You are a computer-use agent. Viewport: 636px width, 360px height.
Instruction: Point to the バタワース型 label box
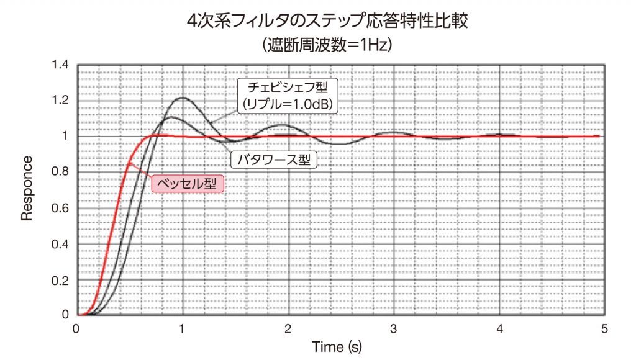tap(274, 160)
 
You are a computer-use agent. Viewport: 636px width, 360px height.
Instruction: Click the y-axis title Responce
tap(27, 189)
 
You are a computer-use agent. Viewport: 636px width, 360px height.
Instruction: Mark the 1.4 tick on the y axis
tap(60, 65)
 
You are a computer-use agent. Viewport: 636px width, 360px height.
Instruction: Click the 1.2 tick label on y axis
tap(60, 101)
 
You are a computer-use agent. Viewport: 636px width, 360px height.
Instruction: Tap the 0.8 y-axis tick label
tap(60, 172)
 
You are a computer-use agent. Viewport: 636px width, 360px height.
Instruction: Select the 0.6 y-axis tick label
tap(60, 208)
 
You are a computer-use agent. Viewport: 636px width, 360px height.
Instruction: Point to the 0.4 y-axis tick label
tap(60, 244)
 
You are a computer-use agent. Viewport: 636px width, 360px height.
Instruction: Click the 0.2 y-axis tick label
tap(60, 280)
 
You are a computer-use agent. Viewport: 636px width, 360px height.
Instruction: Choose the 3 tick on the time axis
tap(394, 328)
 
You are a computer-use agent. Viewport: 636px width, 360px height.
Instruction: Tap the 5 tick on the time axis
tap(605, 328)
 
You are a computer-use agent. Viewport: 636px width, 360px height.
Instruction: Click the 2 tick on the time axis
tap(288, 328)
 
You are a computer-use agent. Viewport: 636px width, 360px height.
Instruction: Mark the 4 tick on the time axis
tap(499, 328)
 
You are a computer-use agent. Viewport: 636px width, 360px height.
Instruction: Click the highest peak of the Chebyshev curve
tap(183, 97)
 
